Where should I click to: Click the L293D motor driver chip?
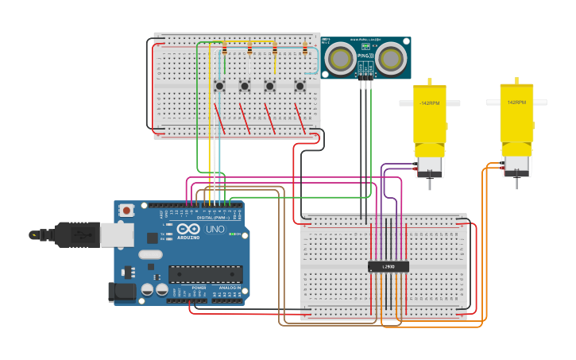(389, 267)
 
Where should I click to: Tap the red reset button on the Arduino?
(126, 211)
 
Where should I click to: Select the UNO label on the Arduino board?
(215, 229)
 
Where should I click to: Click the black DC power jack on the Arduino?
(122, 292)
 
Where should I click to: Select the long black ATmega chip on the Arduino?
(205, 274)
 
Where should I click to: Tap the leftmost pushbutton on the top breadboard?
(219, 86)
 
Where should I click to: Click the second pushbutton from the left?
(245, 86)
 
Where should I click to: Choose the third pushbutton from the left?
(270, 86)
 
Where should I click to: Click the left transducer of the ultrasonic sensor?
(342, 58)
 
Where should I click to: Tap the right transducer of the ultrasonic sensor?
(390, 58)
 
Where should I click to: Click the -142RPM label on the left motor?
(429, 103)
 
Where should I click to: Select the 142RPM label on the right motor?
(516, 103)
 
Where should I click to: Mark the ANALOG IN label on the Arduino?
(230, 288)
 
